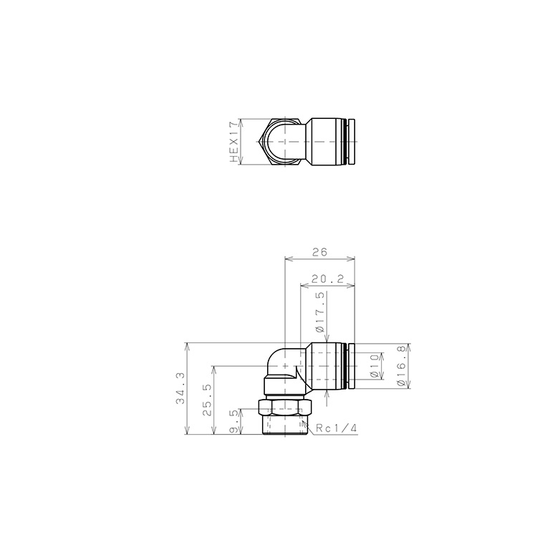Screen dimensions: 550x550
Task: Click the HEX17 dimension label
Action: pyautogui.click(x=234, y=142)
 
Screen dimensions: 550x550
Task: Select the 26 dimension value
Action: pyautogui.click(x=319, y=252)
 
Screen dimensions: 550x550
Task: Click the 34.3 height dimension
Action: pyautogui.click(x=180, y=388)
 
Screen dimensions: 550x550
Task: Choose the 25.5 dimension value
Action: pyautogui.click(x=207, y=400)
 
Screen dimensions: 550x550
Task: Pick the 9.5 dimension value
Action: pyautogui.click(x=234, y=421)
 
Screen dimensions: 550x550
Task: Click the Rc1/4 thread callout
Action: pyautogui.click(x=336, y=428)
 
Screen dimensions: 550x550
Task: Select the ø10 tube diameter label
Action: pyautogui.click(x=375, y=366)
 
